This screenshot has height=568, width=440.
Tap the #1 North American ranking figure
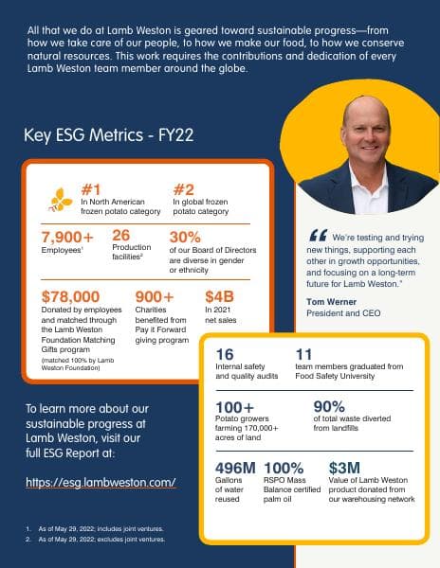pyautogui.click(x=92, y=187)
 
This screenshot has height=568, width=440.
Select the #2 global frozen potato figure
pyautogui.click(x=184, y=187)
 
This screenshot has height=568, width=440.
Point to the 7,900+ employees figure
pyautogui.click(x=67, y=237)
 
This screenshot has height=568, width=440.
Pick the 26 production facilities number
pyautogui.click(x=120, y=236)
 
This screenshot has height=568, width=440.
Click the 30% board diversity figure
pyautogui.click(x=186, y=237)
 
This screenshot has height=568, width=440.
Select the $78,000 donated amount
pyautogui.click(x=70, y=296)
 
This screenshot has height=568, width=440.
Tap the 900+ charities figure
pyautogui.click(x=156, y=296)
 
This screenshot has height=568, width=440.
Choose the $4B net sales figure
pyautogui.click(x=219, y=296)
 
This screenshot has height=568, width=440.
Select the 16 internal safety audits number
pyautogui.click(x=226, y=355)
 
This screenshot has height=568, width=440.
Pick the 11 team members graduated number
pyautogui.click(x=304, y=355)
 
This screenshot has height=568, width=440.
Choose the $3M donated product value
pyautogui.click(x=342, y=468)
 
